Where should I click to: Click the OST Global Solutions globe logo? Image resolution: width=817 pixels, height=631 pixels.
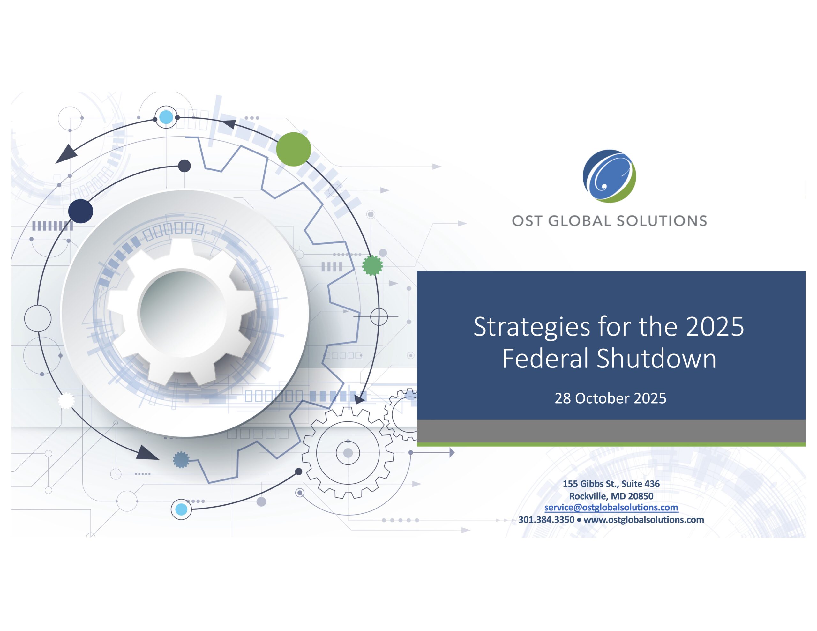(x=609, y=176)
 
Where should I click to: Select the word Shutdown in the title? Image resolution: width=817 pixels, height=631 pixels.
(x=656, y=359)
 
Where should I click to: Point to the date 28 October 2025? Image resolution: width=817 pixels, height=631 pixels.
(x=611, y=398)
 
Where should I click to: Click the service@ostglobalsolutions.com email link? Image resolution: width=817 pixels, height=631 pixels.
(x=611, y=507)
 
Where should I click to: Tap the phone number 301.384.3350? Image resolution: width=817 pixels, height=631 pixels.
(x=546, y=520)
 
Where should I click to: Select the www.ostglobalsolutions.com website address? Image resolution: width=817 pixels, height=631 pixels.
(x=644, y=520)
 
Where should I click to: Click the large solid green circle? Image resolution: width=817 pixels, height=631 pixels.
(x=294, y=149)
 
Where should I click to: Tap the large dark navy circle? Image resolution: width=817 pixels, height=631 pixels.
(x=81, y=211)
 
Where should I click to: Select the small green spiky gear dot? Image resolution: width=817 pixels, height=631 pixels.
(x=372, y=265)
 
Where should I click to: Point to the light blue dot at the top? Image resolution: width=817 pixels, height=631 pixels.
(x=166, y=117)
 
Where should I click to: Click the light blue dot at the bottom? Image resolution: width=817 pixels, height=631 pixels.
(x=181, y=509)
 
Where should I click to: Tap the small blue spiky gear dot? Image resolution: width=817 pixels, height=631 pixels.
(x=181, y=460)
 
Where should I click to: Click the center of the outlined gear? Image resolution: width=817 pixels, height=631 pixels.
(x=348, y=453)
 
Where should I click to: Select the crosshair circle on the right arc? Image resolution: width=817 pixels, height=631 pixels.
(x=379, y=316)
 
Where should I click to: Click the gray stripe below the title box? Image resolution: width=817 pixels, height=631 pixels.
(x=611, y=431)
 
